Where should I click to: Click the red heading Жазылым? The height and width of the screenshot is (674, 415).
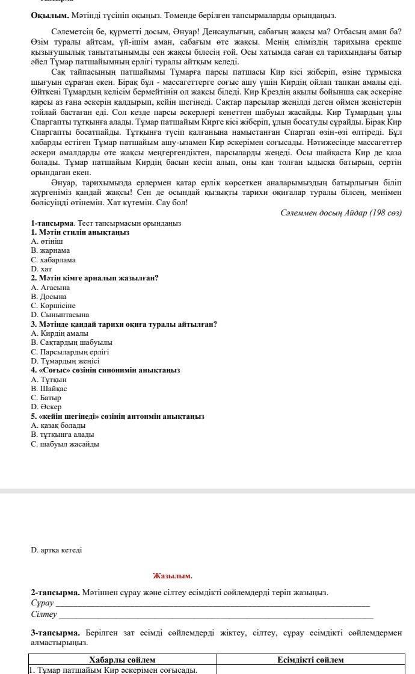pos(173,576)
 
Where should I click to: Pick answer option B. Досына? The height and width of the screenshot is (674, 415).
pos(49,297)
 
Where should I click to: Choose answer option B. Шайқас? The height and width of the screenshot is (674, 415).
pos(49,389)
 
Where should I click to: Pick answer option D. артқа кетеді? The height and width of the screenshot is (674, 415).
pos(57,550)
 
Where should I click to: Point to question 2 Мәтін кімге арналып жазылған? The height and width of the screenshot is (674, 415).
pos(94,278)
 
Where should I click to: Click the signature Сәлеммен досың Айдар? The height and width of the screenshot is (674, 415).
pos(340,213)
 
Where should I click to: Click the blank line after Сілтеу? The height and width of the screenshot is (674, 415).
pos(216,615)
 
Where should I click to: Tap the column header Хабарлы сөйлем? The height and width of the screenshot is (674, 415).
pos(122,660)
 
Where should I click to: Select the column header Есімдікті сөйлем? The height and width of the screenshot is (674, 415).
pos(310,660)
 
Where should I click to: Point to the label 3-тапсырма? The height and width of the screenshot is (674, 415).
pos(55,633)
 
